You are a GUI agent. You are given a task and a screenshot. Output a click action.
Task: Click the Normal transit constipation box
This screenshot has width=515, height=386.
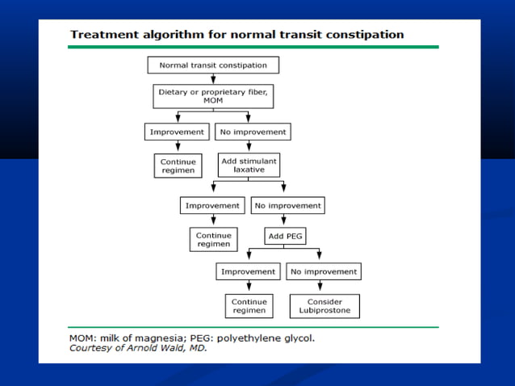point(213,65)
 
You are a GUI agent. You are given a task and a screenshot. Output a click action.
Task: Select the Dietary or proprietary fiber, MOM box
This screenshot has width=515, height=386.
point(213,96)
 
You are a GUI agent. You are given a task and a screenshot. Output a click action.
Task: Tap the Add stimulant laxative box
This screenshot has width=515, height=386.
point(249,166)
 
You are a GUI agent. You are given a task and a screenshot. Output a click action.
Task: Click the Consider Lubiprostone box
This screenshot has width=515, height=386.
point(324,306)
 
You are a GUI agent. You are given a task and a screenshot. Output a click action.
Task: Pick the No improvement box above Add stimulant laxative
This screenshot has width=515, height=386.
point(252,132)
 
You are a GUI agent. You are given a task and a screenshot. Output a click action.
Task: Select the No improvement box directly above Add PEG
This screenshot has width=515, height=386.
point(287,205)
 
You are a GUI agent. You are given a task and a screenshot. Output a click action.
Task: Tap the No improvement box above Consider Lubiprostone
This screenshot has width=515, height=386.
point(323,272)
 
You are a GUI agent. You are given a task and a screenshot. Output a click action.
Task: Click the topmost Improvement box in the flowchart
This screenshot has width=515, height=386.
point(178,132)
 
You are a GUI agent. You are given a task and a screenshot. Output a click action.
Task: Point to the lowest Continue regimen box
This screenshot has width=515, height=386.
point(249,306)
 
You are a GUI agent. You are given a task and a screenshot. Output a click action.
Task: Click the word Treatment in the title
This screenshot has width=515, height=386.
point(102,35)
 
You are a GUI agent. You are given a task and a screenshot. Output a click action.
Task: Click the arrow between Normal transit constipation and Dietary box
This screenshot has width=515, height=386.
point(213,78)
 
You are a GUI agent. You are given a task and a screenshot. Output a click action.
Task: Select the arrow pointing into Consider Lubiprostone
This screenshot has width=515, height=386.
point(323,287)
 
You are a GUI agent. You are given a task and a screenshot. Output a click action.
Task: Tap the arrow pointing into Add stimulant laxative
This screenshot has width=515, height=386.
point(249,146)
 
